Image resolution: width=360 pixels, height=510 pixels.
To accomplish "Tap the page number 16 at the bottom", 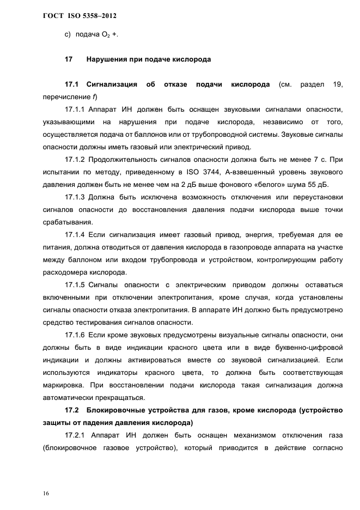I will pos(46,493).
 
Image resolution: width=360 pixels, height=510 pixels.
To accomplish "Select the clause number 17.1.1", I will pos(75,110).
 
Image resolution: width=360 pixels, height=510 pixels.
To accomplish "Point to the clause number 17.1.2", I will pos(75,160).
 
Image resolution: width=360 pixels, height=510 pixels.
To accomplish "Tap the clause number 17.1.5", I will pos(75,284).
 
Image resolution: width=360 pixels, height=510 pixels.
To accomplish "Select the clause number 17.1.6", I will pos(75,335).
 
